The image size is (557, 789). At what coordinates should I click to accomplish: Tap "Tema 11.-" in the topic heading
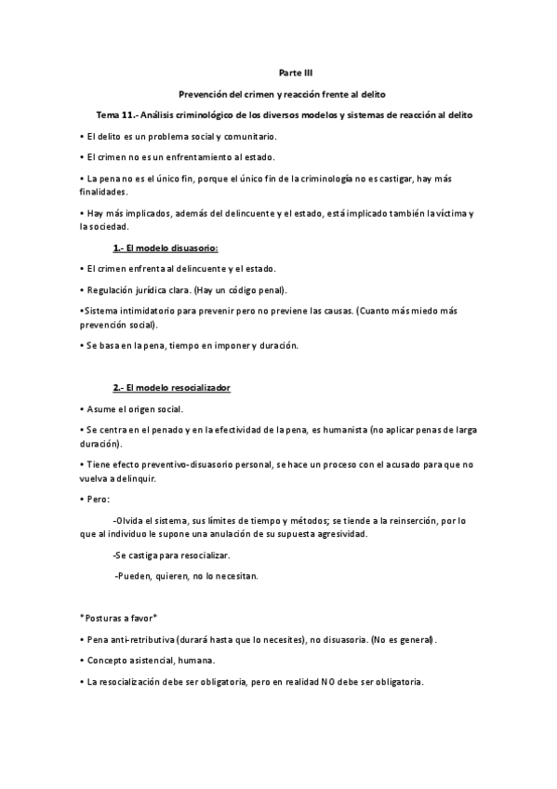(118, 115)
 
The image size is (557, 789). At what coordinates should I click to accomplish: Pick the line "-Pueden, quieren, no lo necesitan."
(185, 576)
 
